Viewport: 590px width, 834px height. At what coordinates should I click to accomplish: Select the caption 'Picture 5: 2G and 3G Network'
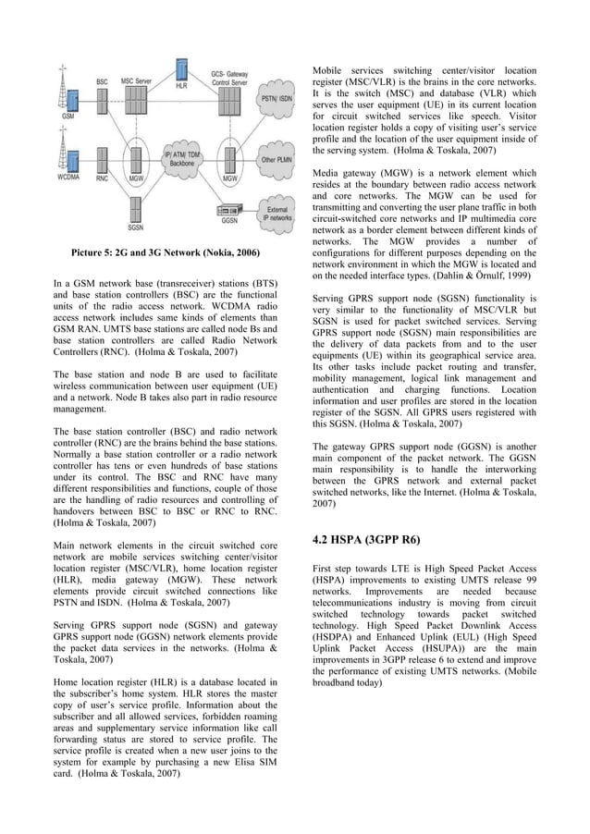coord(166,252)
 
